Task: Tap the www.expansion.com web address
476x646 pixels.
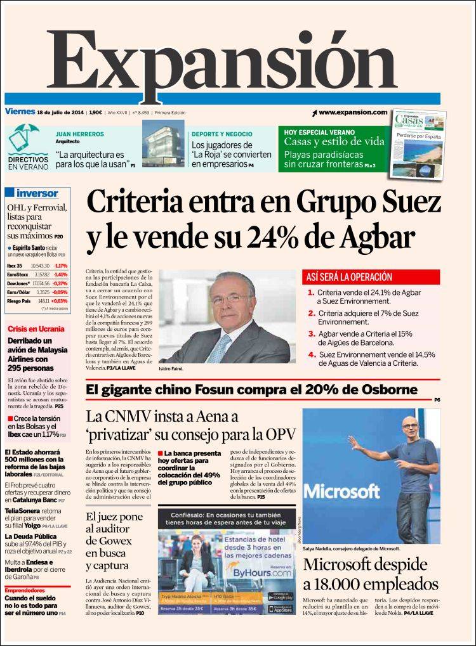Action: (352, 112)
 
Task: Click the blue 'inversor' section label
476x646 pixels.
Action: (36, 193)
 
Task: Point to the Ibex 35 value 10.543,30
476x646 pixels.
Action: (39, 265)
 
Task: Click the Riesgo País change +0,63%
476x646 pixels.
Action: (60, 301)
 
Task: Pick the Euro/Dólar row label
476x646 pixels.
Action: (18, 292)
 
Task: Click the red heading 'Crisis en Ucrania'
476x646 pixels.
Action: (36, 329)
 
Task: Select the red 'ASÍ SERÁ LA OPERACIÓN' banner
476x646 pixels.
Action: (371, 277)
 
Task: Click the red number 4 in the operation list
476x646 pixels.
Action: (312, 354)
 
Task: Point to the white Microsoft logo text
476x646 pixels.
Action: (341, 492)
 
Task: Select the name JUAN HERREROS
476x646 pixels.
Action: (80, 134)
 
